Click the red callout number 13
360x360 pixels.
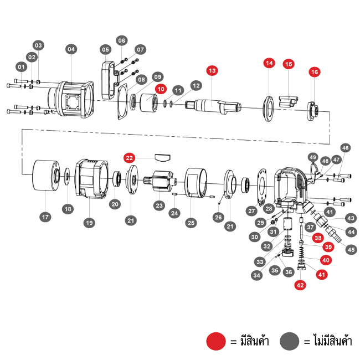point(213,70)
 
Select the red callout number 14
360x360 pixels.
point(269,63)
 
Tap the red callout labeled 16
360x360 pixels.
point(315,72)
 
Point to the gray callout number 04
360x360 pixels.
point(71,49)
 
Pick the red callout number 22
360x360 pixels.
point(130,158)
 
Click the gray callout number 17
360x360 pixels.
point(45,217)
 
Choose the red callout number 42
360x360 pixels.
point(300,285)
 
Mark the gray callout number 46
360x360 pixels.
point(345,148)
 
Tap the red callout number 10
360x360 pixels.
point(161,88)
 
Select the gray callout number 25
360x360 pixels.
point(191,223)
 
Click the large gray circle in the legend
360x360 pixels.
point(290,341)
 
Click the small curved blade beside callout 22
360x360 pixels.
point(163,156)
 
